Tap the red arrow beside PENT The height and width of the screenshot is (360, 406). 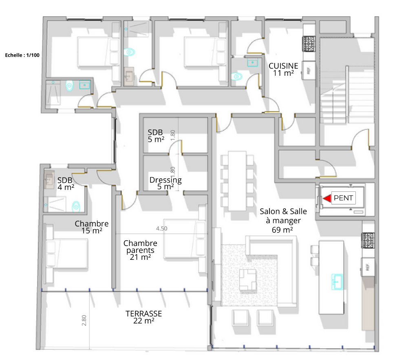click(x=327, y=198)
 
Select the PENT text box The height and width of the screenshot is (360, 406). click(x=343, y=198)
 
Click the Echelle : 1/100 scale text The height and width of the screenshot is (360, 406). click(x=22, y=55)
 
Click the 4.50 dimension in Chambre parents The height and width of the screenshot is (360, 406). click(x=161, y=228)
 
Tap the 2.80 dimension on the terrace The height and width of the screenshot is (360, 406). click(x=84, y=320)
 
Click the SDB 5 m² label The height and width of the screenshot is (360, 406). click(x=156, y=136)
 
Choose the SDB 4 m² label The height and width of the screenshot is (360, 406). click(x=66, y=184)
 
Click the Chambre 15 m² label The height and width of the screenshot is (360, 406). click(x=92, y=227)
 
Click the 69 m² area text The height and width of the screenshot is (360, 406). click(x=282, y=230)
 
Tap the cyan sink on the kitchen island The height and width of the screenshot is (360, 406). click(x=337, y=282)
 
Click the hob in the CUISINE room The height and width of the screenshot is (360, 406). click(x=309, y=44)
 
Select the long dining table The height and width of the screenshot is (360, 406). click(x=237, y=181)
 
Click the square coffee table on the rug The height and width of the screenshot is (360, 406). click(x=248, y=279)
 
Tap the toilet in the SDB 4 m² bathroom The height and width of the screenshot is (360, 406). click(x=76, y=206)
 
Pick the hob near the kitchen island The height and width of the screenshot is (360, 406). click(x=368, y=241)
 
